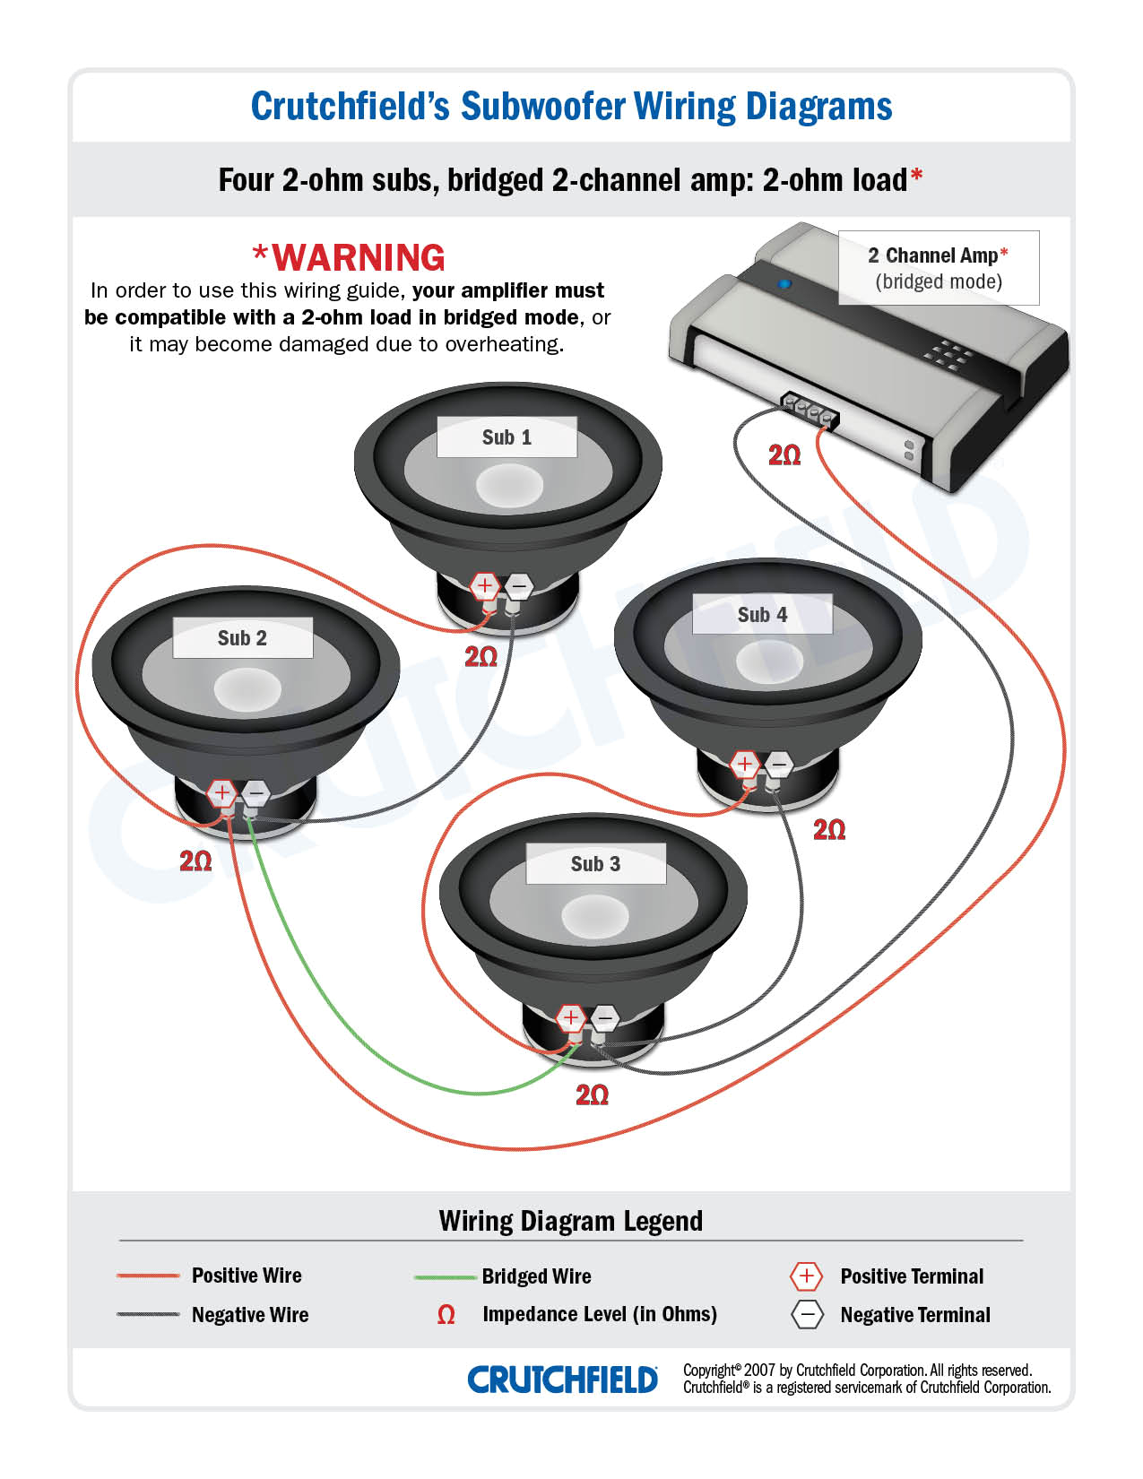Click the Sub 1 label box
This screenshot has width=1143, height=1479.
507,437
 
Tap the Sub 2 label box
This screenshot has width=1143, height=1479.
242,638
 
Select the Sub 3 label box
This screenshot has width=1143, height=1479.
595,864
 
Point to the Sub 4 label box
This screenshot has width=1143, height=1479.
762,615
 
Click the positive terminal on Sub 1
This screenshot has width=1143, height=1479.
484,587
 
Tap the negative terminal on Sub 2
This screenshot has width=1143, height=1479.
255,793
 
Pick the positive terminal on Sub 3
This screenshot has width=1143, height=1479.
570,1018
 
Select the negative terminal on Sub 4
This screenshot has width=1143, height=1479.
778,765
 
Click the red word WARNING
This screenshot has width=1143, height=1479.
358,258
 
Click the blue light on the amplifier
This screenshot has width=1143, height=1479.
784,284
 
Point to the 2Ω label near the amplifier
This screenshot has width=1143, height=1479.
784,455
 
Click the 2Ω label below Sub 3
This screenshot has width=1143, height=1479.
592,1094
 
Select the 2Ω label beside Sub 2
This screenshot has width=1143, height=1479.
195,861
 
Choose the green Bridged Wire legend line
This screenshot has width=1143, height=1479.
445,1276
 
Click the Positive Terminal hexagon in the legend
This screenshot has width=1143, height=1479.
806,1276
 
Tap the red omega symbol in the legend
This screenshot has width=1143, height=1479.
446,1315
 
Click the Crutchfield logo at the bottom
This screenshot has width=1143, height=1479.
562,1380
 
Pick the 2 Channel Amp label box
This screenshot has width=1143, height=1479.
938,268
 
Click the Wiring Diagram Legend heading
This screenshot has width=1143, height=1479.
570,1221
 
